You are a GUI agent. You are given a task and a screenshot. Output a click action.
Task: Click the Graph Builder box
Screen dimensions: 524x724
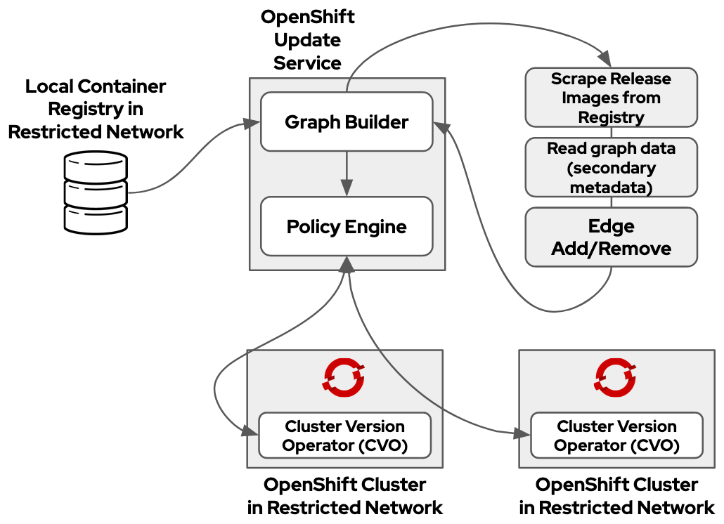(x=346, y=122)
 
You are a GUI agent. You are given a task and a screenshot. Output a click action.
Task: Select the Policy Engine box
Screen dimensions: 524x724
(x=346, y=226)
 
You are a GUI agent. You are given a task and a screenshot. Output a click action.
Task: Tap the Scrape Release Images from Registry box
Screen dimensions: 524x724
(x=611, y=97)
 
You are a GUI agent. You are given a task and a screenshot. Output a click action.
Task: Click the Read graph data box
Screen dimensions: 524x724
(x=611, y=167)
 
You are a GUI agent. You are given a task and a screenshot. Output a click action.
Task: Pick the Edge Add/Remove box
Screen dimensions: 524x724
(x=611, y=237)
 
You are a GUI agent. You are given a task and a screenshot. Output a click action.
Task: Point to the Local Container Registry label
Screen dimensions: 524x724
(x=96, y=109)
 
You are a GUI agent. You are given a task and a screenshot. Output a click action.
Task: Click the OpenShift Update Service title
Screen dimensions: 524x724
(x=307, y=40)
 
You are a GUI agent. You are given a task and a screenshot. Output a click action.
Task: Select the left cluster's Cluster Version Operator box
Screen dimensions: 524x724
(x=344, y=435)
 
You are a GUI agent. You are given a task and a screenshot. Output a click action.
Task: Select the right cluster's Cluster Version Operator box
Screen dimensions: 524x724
(x=616, y=435)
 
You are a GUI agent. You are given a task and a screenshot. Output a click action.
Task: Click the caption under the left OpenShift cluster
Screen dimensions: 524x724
(x=344, y=496)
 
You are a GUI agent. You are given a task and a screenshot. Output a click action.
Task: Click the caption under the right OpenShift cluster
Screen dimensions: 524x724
(x=616, y=496)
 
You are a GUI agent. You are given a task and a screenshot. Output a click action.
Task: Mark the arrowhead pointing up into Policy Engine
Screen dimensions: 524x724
(x=346, y=264)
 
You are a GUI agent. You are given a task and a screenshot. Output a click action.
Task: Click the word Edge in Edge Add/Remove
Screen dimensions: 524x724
(x=611, y=226)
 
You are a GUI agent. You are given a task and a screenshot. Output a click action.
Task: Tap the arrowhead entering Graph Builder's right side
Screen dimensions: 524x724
(x=441, y=125)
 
